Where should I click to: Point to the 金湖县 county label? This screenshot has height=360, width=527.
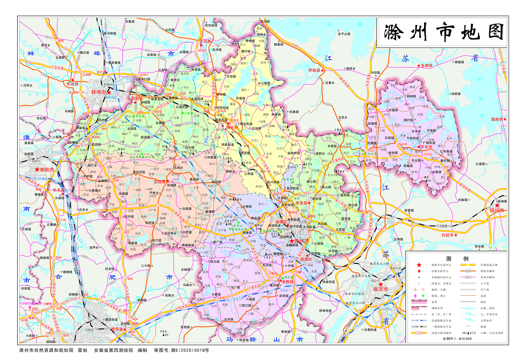coord(427,66)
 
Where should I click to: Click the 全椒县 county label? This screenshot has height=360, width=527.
coord(289,282)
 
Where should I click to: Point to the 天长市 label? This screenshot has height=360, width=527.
coord(427,147)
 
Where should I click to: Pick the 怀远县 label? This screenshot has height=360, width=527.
coord(73,84)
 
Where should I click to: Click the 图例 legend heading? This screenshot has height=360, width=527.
coord(457,258)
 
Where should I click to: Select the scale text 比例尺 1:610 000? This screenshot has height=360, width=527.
coord(457,339)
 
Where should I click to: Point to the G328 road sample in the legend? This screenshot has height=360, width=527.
coord(468,270)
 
